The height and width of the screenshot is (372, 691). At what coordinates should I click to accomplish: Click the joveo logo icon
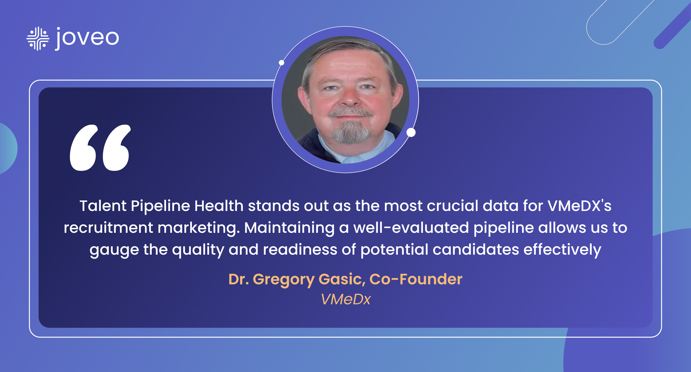pyautogui.click(x=38, y=39)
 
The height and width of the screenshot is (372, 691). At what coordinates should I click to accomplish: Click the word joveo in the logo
pyautogui.click(x=87, y=39)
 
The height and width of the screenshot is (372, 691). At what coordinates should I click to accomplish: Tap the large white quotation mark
pyautogui.click(x=100, y=148)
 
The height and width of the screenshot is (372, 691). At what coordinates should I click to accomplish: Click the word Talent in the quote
pyautogui.click(x=103, y=206)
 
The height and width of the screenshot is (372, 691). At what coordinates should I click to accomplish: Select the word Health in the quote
pyautogui.click(x=219, y=206)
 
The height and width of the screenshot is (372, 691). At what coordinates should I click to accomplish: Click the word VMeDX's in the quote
pyautogui.click(x=580, y=206)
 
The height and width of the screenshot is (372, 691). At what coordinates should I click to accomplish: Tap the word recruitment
pyautogui.click(x=109, y=228)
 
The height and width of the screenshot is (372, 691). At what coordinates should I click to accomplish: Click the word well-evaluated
pyautogui.click(x=411, y=228)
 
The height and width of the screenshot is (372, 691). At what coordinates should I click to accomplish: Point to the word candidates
pyautogui.click(x=476, y=250)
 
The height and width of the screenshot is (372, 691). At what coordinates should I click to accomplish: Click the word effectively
pyautogui.click(x=562, y=250)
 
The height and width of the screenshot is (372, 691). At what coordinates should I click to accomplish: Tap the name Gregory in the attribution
pyautogui.click(x=283, y=280)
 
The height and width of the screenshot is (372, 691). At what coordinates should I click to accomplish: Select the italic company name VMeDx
pyautogui.click(x=346, y=299)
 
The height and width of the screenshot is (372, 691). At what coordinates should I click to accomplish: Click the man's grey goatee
pyautogui.click(x=350, y=132)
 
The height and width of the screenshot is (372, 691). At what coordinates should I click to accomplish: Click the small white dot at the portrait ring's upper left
pyautogui.click(x=282, y=63)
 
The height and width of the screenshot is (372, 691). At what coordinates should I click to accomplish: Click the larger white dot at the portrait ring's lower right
pyautogui.click(x=411, y=132)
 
